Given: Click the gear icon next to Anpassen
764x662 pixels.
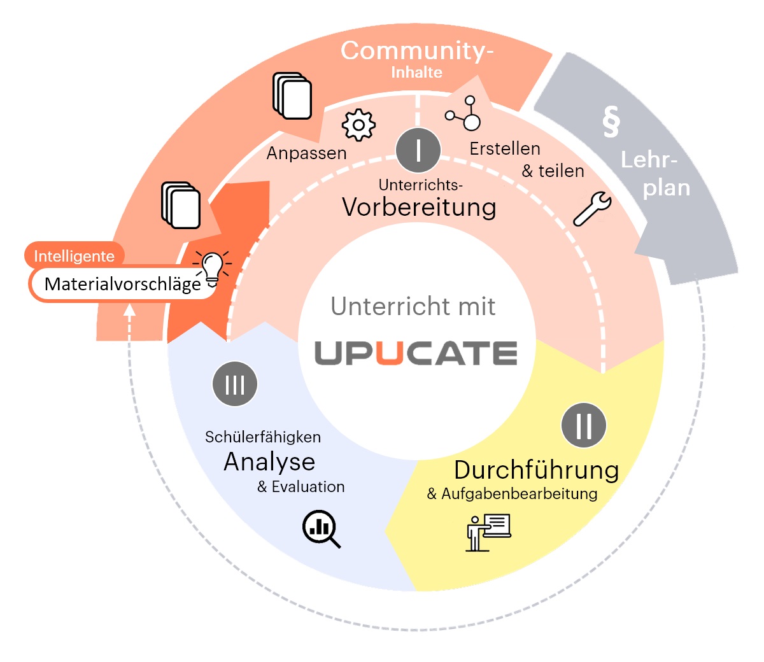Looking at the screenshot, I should [x=358, y=125].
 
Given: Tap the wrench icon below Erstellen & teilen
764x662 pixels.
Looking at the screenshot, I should [x=592, y=209].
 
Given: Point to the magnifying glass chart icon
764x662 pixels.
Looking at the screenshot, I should [x=321, y=528].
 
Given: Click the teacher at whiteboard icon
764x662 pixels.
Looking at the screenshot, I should [x=489, y=532].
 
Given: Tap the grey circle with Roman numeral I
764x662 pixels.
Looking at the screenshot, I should [x=418, y=150].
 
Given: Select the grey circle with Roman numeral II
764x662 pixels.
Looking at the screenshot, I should [x=584, y=425].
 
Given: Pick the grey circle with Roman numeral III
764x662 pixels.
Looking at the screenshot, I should [x=235, y=384].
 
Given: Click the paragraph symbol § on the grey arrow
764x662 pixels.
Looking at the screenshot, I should [x=611, y=121].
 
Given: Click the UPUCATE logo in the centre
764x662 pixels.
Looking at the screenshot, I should [x=416, y=353].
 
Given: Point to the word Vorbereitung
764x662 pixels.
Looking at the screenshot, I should [x=419, y=207].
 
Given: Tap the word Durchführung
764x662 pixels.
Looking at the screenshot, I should [x=536, y=470].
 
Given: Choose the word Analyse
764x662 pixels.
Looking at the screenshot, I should [x=269, y=461].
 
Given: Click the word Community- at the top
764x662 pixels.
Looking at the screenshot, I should [x=417, y=50].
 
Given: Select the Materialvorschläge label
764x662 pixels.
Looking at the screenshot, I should [x=123, y=284].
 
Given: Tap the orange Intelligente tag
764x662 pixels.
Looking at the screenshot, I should [x=74, y=256].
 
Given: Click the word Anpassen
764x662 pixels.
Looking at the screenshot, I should [x=306, y=153].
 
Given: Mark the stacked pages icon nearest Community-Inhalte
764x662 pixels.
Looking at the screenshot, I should [x=292, y=96].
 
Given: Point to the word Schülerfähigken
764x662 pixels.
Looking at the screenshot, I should [x=262, y=437].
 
